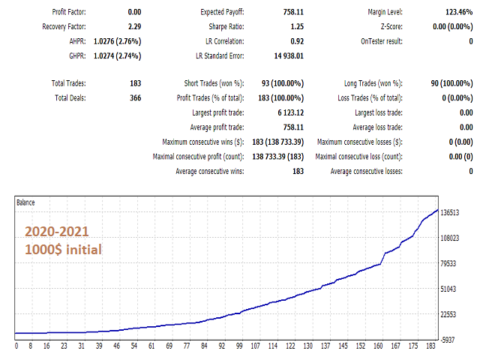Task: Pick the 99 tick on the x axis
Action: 239,346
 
